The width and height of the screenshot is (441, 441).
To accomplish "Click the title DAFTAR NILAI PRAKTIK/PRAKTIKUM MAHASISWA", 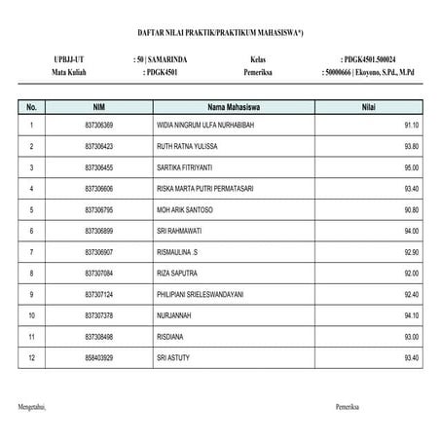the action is [x=220, y=32].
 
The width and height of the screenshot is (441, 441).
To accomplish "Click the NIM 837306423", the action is [x=99, y=147].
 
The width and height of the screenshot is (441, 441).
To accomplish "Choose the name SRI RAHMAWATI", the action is [x=176, y=231].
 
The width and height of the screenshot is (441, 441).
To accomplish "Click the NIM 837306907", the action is [x=99, y=252].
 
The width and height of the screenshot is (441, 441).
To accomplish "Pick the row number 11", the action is [x=32, y=336].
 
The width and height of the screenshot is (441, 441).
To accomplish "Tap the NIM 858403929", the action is [x=99, y=357].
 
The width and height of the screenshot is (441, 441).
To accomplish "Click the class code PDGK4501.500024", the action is [x=375, y=59].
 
